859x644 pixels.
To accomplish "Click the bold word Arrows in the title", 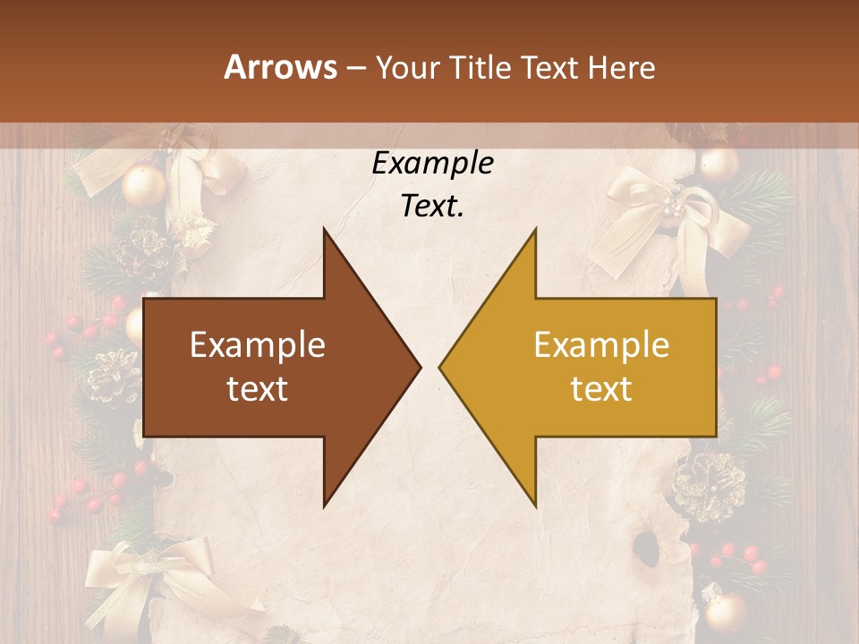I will (x=281, y=67).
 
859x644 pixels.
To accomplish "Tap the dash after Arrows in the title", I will (x=355, y=68).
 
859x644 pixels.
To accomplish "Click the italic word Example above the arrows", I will (x=432, y=164).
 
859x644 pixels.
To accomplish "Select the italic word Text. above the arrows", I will (x=432, y=206).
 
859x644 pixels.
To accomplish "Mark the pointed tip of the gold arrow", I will (x=442, y=367).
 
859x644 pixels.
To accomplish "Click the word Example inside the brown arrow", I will (x=258, y=345).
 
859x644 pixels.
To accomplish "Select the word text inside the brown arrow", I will (x=258, y=388).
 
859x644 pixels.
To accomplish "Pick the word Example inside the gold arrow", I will (x=601, y=345).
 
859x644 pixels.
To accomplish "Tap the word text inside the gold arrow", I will (x=601, y=388).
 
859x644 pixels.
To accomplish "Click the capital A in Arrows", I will (x=234, y=67).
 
